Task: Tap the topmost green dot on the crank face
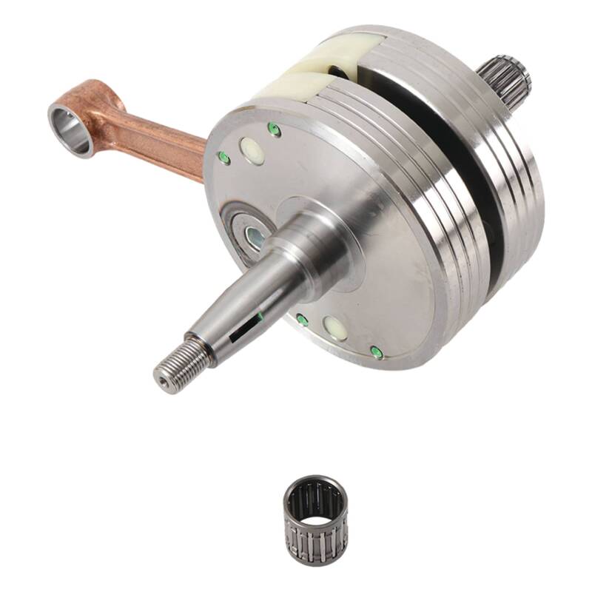coord(275,130)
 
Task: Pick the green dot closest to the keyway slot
coord(302,320)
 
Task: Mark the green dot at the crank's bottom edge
coord(377,351)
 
